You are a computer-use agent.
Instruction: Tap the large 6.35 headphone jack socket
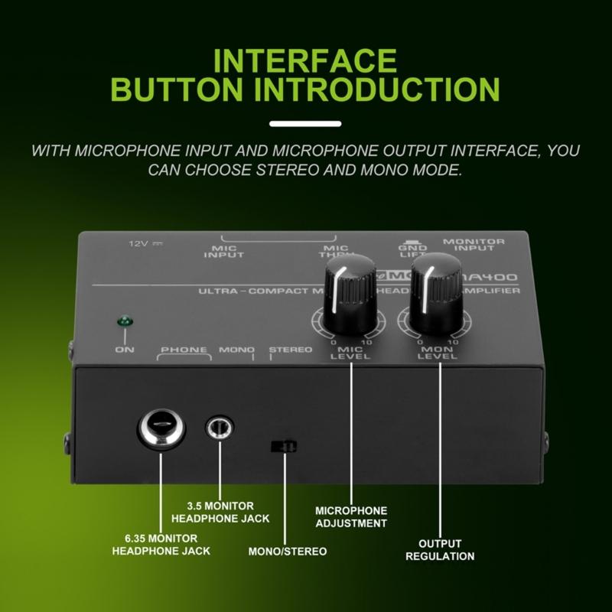[x=161, y=428]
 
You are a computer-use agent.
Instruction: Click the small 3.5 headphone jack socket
[x=220, y=427]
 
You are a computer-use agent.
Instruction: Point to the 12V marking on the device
[x=142, y=243]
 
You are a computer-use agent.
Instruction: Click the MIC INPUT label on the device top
[x=224, y=251]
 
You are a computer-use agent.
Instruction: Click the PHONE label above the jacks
[x=184, y=350]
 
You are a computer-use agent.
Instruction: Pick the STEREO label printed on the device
[x=291, y=350]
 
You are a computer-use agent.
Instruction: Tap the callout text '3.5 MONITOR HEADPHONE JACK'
[x=229, y=513]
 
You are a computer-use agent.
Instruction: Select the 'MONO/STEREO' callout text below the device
[x=288, y=551]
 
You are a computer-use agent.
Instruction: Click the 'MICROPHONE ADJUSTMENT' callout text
[x=351, y=516]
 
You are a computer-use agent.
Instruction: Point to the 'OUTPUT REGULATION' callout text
[x=441, y=549]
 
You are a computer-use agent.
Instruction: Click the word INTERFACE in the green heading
[x=305, y=60]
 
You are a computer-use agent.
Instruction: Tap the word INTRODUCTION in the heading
[x=377, y=88]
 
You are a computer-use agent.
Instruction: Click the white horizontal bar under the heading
[x=305, y=122]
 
